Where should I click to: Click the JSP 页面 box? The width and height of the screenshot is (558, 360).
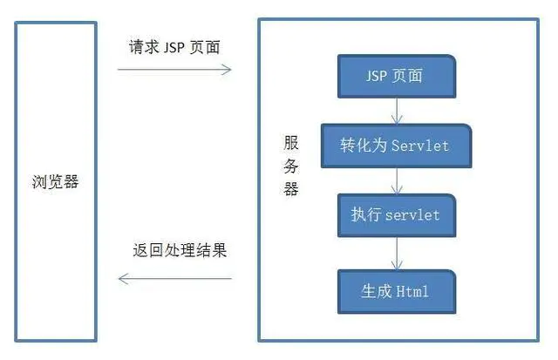tap(396, 76)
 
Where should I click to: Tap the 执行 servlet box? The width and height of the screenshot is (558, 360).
tap(396, 215)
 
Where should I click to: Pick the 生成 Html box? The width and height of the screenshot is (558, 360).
tap(396, 291)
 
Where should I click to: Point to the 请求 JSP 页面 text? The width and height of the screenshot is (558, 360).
tap(174, 46)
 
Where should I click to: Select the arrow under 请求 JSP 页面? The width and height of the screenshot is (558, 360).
tap(174, 69)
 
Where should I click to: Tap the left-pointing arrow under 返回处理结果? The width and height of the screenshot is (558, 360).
tap(174, 279)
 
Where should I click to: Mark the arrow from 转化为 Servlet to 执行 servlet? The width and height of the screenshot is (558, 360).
tap(397, 180)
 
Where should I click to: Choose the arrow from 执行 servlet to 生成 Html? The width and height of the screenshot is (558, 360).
tap(397, 253)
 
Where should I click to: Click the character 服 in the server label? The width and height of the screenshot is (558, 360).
tap(291, 144)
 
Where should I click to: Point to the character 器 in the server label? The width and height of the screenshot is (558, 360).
tap(291, 189)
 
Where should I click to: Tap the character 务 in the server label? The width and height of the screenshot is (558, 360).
tap(291, 166)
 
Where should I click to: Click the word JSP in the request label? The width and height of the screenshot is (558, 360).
tap(176, 46)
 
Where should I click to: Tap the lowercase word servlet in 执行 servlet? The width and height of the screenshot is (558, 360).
tap(413, 215)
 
